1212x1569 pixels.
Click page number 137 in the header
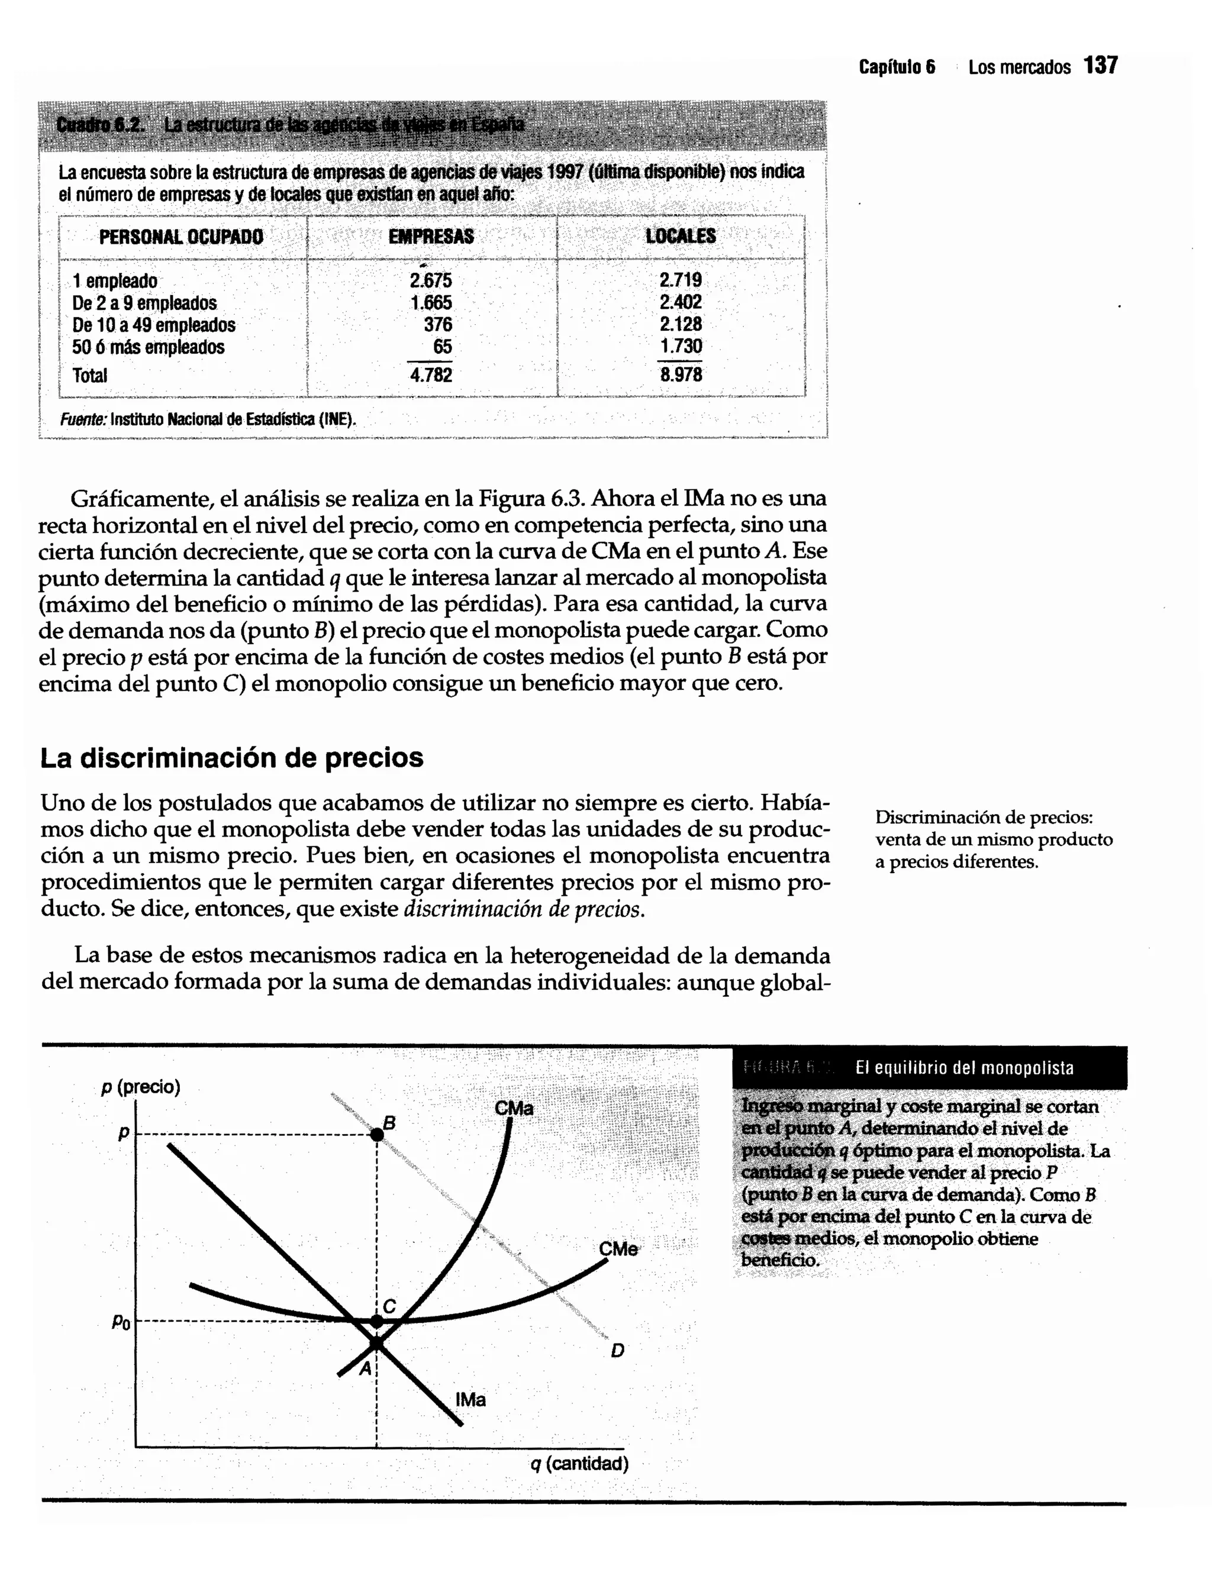(1101, 66)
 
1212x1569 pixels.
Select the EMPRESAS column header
(431, 237)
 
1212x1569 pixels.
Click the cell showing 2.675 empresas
(431, 280)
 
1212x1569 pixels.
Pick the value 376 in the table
(437, 325)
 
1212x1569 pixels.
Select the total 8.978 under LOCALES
(681, 375)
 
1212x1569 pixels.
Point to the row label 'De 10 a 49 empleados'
(154, 325)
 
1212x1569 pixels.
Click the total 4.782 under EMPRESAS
(431, 375)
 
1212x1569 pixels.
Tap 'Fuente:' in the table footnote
(83, 419)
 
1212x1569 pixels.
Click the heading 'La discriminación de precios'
(231, 758)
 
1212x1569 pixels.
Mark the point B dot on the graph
(376, 1134)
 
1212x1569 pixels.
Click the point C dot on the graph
(376, 1321)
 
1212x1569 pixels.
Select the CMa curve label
(514, 1109)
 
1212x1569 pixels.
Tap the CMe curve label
(618, 1250)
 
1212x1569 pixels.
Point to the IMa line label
(470, 1399)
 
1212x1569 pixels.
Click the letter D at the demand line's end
(617, 1351)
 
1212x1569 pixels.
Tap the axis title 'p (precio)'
(141, 1087)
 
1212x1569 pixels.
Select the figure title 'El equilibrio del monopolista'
(964, 1068)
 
